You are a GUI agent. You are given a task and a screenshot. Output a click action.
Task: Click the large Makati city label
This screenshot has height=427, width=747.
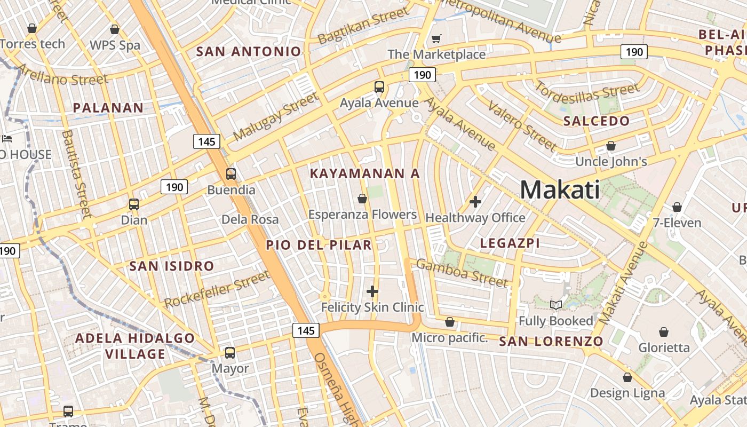[560, 190]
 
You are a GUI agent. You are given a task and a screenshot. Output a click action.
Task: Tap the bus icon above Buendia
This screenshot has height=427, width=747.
[231, 174]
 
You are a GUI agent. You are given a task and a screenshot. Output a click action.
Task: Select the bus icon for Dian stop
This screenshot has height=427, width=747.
[134, 204]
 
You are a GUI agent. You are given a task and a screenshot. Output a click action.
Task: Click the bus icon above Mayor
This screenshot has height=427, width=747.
[230, 353]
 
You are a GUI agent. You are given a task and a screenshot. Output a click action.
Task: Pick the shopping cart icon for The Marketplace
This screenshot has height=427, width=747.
[436, 38]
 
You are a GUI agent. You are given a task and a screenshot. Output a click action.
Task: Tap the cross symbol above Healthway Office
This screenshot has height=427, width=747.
[475, 202]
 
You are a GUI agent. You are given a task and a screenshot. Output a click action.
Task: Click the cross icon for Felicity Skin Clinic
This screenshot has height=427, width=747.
[372, 291]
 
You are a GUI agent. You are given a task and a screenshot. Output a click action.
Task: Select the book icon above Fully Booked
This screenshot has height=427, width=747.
[556, 305]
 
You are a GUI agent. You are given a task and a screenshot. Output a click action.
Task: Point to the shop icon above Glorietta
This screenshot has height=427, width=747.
[664, 332]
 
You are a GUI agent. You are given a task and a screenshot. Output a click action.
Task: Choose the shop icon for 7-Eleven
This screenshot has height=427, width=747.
[677, 207]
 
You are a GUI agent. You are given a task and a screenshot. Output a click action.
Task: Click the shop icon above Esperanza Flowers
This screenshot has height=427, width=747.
[362, 199]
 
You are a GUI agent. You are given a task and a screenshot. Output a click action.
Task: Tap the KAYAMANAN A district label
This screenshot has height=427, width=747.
[365, 173]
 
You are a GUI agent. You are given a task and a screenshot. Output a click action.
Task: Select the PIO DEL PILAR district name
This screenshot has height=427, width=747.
[319, 245]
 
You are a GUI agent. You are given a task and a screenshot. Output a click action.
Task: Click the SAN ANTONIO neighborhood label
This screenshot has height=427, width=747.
[249, 52]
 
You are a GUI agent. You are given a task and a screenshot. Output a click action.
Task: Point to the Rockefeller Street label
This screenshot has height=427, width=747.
[217, 289]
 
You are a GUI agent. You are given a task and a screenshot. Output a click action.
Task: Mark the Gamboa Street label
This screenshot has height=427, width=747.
[462, 272]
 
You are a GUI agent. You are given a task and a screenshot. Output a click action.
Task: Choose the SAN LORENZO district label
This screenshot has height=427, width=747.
[551, 342]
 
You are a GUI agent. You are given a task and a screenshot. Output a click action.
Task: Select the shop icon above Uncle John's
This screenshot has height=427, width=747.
[611, 146]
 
